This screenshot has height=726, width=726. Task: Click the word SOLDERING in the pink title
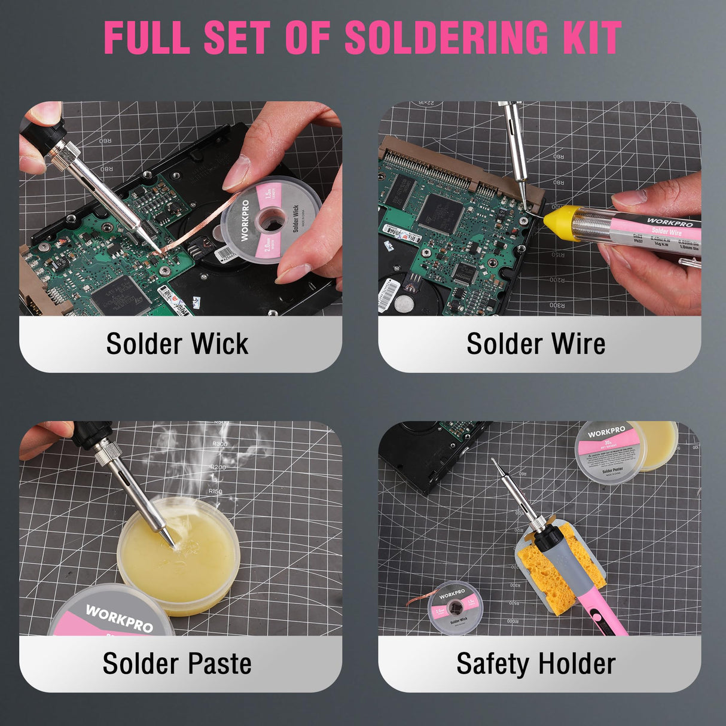446,37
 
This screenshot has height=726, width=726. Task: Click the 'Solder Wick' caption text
177,344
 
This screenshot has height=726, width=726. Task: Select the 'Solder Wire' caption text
536,344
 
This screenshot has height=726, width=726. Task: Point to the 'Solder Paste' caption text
177,664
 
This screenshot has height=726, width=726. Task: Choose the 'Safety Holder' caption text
536,664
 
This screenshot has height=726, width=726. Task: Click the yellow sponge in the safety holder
547,571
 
